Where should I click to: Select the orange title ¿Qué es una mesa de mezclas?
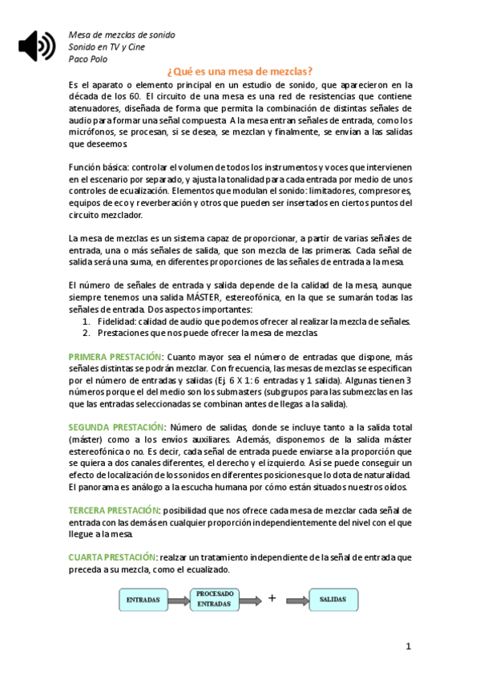[x=240, y=71]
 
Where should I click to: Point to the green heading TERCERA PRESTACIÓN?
[x=114, y=510]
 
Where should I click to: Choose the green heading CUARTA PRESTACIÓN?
[x=112, y=557]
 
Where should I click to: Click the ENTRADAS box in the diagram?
[x=143, y=599]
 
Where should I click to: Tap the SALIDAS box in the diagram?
[x=333, y=599]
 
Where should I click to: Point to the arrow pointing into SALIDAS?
[x=296, y=599]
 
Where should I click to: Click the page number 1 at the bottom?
[x=408, y=646]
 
